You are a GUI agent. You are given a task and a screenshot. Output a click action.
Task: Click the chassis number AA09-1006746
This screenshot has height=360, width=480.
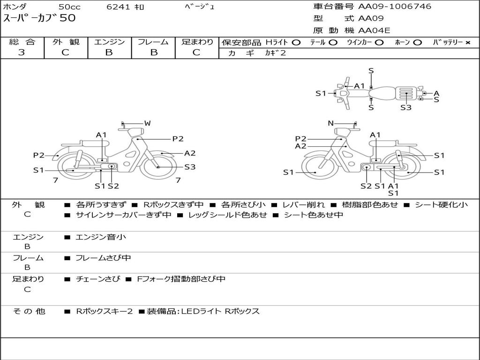tap(395, 7)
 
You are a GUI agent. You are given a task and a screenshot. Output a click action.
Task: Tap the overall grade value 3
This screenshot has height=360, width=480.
tap(22, 52)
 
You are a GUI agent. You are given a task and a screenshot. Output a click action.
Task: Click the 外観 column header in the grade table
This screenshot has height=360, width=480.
tap(66, 42)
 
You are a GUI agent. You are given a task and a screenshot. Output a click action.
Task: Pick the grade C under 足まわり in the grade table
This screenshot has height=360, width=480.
tap(196, 52)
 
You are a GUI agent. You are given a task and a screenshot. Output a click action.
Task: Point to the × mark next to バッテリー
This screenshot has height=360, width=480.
tap(468, 43)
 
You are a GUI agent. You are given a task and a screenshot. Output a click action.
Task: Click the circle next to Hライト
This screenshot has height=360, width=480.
tap(296, 43)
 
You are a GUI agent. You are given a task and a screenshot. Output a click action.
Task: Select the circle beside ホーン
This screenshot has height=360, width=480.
tap(417, 43)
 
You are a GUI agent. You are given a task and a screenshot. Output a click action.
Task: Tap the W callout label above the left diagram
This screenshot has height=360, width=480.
tap(148, 123)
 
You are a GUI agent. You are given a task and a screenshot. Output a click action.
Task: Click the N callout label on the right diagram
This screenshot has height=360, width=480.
tap(330, 123)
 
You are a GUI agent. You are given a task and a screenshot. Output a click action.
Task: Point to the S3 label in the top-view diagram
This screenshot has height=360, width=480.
tap(406, 107)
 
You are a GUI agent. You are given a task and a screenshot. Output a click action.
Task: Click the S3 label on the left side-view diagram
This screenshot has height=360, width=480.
tap(190, 167)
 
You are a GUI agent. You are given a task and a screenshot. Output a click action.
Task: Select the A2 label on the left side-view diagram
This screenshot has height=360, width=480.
tap(190, 153)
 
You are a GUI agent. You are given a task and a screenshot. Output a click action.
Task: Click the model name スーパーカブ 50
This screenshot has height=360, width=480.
tap(39, 18)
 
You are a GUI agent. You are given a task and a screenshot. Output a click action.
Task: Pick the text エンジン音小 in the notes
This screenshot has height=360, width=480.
tap(101, 237)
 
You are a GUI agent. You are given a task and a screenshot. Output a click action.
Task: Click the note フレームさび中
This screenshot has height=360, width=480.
tap(103, 258)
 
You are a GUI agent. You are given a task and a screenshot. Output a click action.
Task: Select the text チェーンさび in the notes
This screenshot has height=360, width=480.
tap(98, 279)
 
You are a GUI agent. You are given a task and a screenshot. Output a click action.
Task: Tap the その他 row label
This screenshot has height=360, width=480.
tap(29, 311)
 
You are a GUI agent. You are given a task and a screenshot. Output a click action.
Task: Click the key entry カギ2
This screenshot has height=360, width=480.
tap(275, 53)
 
